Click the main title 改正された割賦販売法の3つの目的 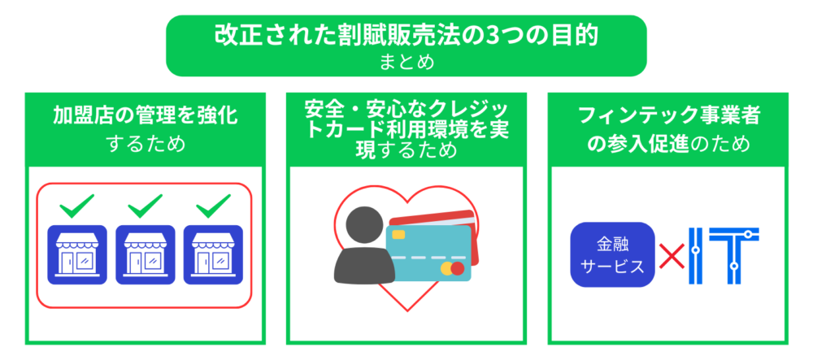pos(406,35)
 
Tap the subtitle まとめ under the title pos(406,62)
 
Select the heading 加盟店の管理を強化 pos(146,116)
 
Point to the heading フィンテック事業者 pos(669,116)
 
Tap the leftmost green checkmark pos(76,206)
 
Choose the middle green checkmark pos(146,206)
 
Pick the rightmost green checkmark pos(213,206)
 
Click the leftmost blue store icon pos(77,255)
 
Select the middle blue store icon pos(146,255)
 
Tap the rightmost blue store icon pos(213,255)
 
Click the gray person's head pos(364,225)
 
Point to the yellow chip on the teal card pos(398,235)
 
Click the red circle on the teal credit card pos(457,268)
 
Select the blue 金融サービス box pos(612,255)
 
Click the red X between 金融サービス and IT pos(672,257)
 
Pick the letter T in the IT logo pos(734,256)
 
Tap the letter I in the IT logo pos(696,256)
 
